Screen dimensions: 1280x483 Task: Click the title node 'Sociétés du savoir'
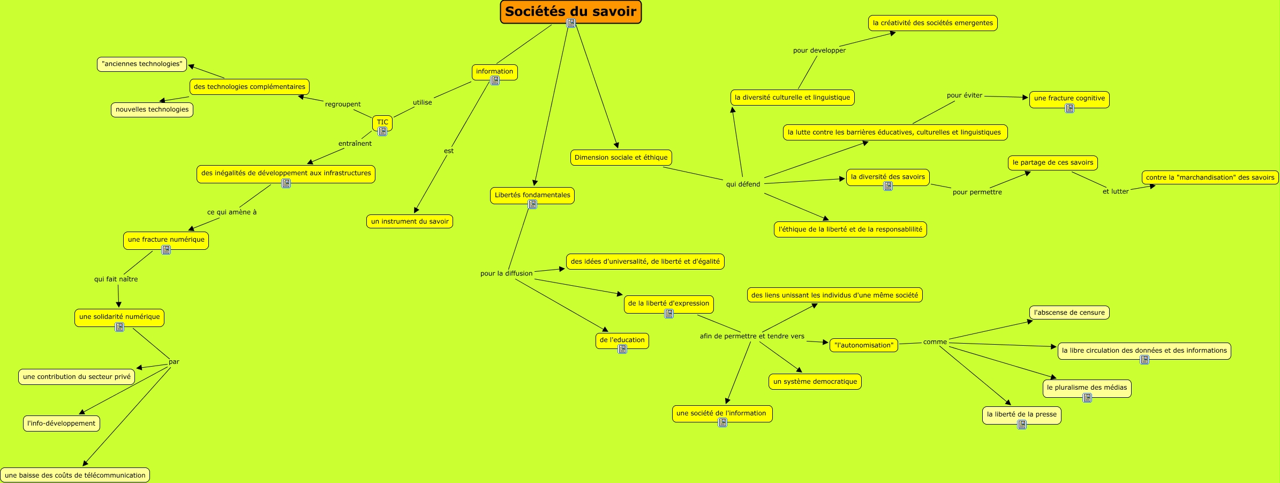pyautogui.click(x=570, y=11)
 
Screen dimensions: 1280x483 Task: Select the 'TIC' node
pyautogui.click(x=382, y=122)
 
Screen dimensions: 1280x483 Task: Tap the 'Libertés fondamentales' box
pyautogui.click(x=532, y=195)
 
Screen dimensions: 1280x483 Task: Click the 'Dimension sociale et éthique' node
pyautogui.click(x=621, y=158)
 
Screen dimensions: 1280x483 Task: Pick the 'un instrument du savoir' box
pyautogui.click(x=410, y=221)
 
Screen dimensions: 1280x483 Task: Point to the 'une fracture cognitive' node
pyautogui.click(x=1069, y=98)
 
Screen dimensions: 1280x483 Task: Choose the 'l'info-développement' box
pyautogui.click(x=62, y=423)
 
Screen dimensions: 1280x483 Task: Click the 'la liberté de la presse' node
pyautogui.click(x=1021, y=414)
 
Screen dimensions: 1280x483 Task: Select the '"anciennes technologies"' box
pyautogui.click(x=142, y=64)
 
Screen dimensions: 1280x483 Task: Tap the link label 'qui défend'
pyautogui.click(x=743, y=184)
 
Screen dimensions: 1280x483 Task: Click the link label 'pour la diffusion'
pyautogui.click(x=506, y=273)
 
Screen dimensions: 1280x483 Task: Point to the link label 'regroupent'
pyautogui.click(x=343, y=105)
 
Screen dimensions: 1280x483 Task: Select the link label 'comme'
pyautogui.click(x=935, y=342)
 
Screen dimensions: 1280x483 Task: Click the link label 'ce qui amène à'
pyautogui.click(x=232, y=212)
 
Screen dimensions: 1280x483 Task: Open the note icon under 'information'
pyautogui.click(x=495, y=80)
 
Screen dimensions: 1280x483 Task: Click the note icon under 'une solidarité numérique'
pyautogui.click(x=119, y=327)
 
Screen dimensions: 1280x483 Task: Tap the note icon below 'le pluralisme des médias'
pyautogui.click(x=1087, y=398)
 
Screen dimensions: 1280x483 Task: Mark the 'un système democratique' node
pyautogui.click(x=815, y=382)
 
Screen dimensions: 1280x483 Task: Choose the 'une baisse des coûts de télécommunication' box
pyautogui.click(x=75, y=475)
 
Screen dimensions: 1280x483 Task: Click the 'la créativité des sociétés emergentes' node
pyautogui.click(x=932, y=23)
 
